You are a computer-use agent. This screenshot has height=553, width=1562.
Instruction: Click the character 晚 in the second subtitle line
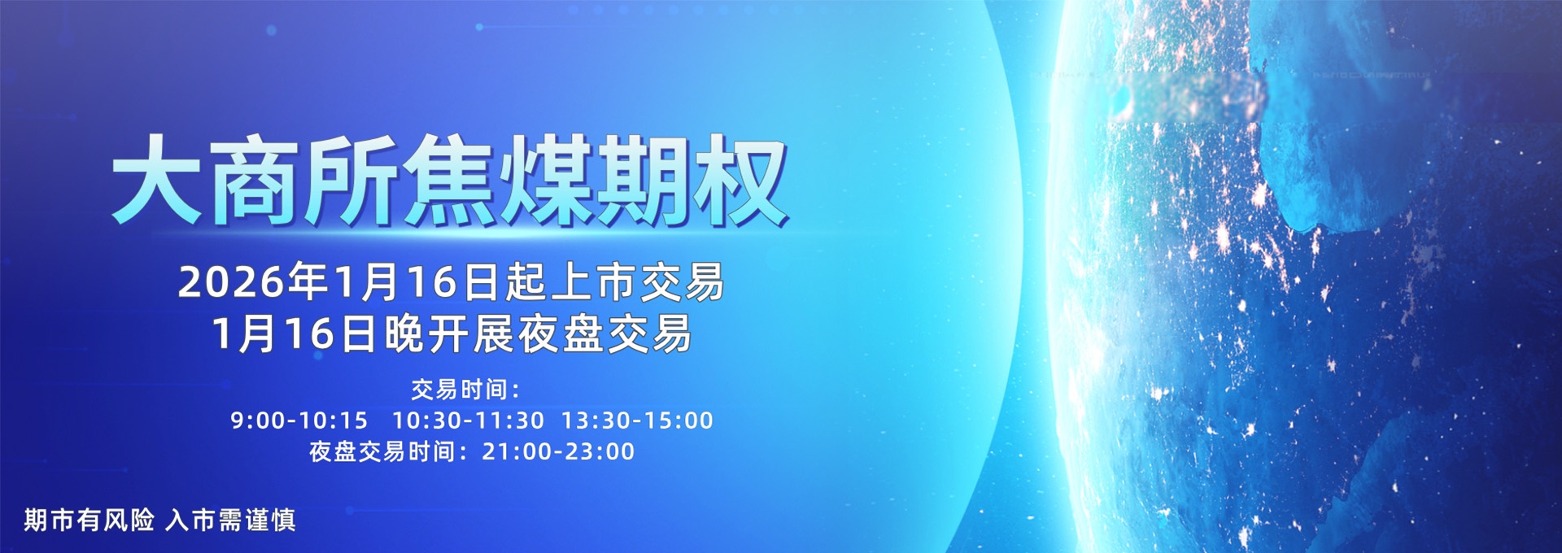click(404, 334)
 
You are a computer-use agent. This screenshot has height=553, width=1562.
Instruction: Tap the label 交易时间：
click(465, 390)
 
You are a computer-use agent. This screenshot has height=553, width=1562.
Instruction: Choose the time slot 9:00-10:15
click(299, 420)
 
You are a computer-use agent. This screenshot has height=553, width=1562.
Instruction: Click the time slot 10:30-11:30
click(468, 420)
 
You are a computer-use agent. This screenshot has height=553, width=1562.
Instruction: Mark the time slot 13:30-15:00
click(637, 420)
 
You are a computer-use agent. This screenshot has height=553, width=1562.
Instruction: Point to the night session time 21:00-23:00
click(558, 451)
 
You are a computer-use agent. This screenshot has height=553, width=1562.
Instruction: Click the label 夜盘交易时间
click(382, 451)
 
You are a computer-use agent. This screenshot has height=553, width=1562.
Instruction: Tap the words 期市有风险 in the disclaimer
click(89, 520)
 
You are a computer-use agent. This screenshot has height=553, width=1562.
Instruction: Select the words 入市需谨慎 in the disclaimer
click(230, 520)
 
